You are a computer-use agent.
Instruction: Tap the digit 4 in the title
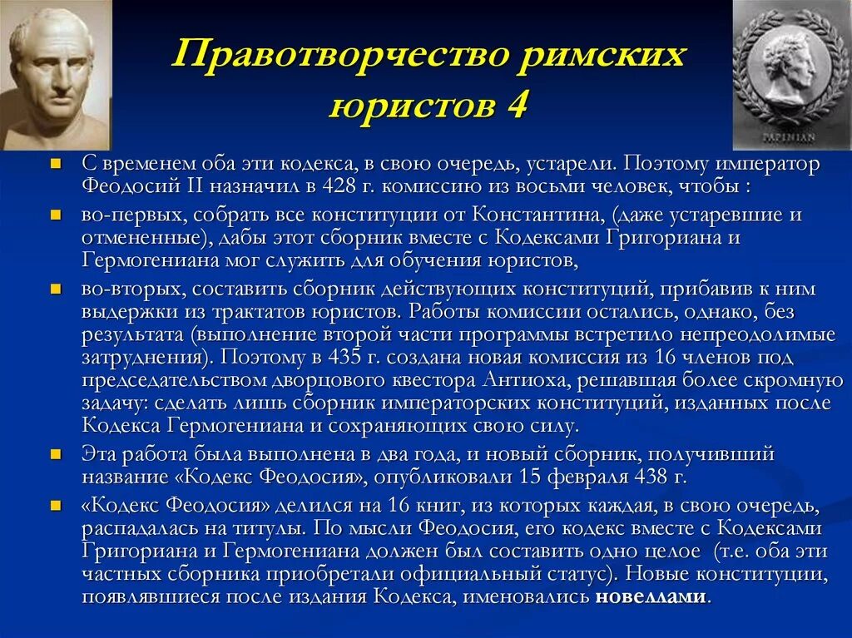pyautogui.click(x=514, y=107)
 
